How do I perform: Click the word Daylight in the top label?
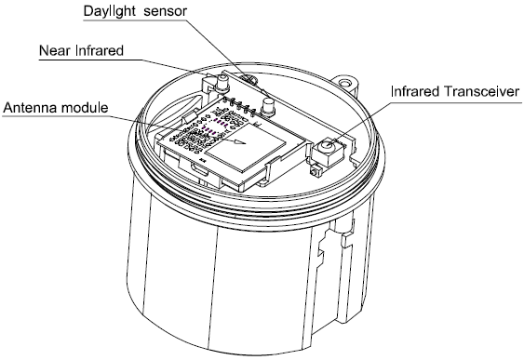109,11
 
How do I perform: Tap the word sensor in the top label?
165,11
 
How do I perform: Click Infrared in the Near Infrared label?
100,50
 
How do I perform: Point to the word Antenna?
31,108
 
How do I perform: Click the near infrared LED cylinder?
222,82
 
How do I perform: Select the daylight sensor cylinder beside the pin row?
268,106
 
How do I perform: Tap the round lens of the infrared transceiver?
328,146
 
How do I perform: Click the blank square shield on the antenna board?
246,148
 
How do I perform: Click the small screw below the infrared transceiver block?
315,172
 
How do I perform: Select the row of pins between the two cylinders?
240,105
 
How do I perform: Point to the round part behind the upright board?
249,79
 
